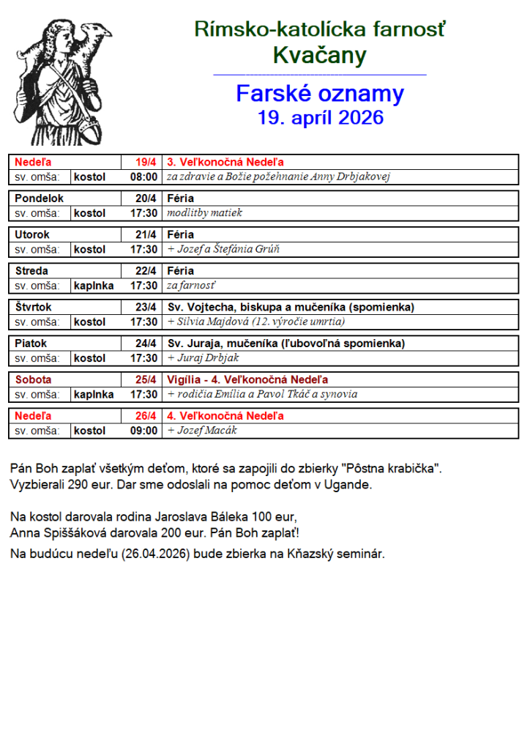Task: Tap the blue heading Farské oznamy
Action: pyautogui.click(x=320, y=94)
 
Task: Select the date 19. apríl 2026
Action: pyautogui.click(x=320, y=117)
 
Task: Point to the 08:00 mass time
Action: pyautogui.click(x=143, y=177)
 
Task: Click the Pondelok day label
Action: pyautogui.click(x=40, y=198)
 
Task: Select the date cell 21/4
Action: pyautogui.click(x=146, y=234)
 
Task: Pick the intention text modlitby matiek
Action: pyautogui.click(x=204, y=213)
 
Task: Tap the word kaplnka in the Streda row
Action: pyautogui.click(x=94, y=286)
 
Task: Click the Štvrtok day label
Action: pyautogui.click(x=34, y=307)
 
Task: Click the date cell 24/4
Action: pyautogui.click(x=146, y=344)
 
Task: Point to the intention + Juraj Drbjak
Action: pyautogui.click(x=203, y=358)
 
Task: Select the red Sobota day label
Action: pyautogui.click(x=34, y=379)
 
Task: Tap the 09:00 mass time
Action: pyautogui.click(x=143, y=431)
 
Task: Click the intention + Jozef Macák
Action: pyautogui.click(x=202, y=431)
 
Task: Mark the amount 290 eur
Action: pyautogui.click(x=86, y=484)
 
